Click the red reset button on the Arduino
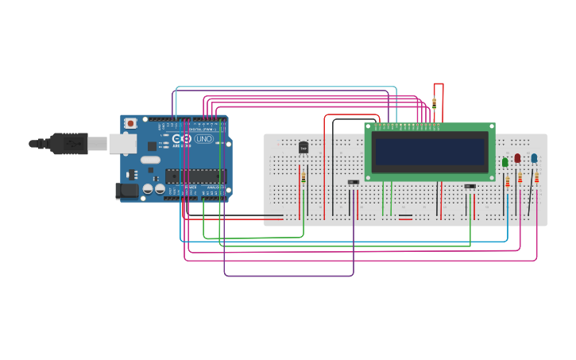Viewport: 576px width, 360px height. (130, 123)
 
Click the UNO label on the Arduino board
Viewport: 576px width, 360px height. (204, 139)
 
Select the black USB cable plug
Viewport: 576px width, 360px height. (68, 143)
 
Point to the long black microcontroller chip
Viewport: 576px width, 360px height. (195, 176)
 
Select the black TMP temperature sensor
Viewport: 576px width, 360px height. (303, 147)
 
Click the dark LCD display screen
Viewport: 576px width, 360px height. (430, 152)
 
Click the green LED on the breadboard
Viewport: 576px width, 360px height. (505, 162)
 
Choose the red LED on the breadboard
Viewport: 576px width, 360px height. (518, 159)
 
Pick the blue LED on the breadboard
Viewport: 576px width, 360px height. (534, 158)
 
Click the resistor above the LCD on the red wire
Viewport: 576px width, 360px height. (434, 103)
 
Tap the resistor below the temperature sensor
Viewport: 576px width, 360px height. (303, 177)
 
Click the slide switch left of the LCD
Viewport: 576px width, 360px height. (354, 182)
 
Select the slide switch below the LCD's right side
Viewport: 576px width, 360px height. (470, 187)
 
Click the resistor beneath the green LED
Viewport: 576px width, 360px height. (507, 182)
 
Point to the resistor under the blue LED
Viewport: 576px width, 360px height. (536, 178)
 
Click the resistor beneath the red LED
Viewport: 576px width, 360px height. (520, 179)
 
